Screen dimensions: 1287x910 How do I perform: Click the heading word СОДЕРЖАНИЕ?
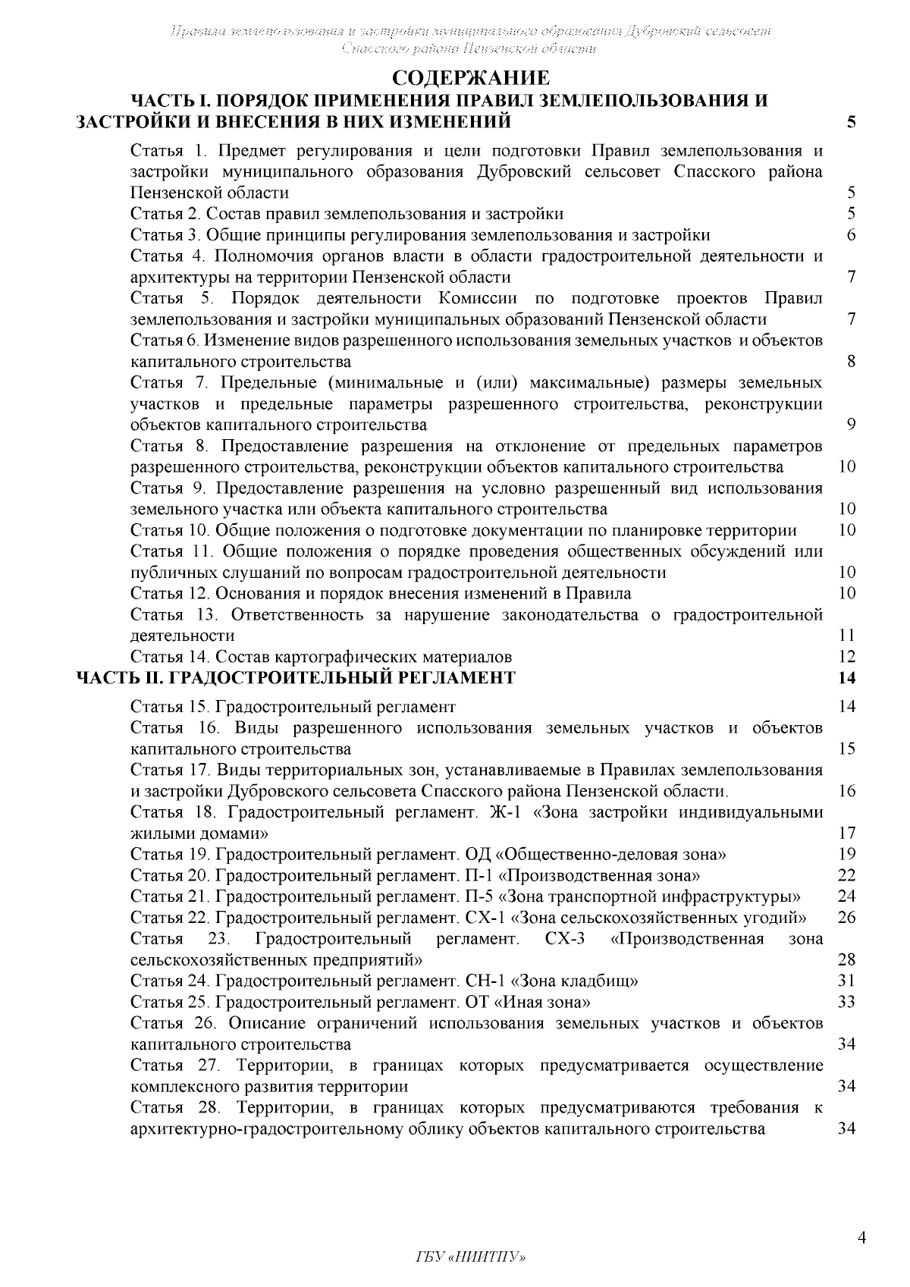click(469, 79)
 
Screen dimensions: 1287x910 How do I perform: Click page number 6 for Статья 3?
click(851, 234)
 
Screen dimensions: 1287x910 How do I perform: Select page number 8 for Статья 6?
click(851, 361)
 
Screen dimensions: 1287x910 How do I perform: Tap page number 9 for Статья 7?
click(851, 424)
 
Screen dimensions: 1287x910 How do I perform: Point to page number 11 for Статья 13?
click(847, 636)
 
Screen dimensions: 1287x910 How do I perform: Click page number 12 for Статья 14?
click(847, 657)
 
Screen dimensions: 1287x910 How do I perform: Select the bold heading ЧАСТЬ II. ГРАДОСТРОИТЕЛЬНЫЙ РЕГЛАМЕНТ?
click(297, 677)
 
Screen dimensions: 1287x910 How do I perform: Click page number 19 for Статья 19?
click(847, 855)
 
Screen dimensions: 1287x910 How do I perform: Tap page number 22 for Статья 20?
click(847, 876)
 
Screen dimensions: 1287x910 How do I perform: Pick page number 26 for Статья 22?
click(847, 918)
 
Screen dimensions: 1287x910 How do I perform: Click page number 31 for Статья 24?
click(847, 981)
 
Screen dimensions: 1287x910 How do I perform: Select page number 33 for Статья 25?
click(847, 1002)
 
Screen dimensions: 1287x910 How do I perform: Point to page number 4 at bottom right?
click(861, 1238)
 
